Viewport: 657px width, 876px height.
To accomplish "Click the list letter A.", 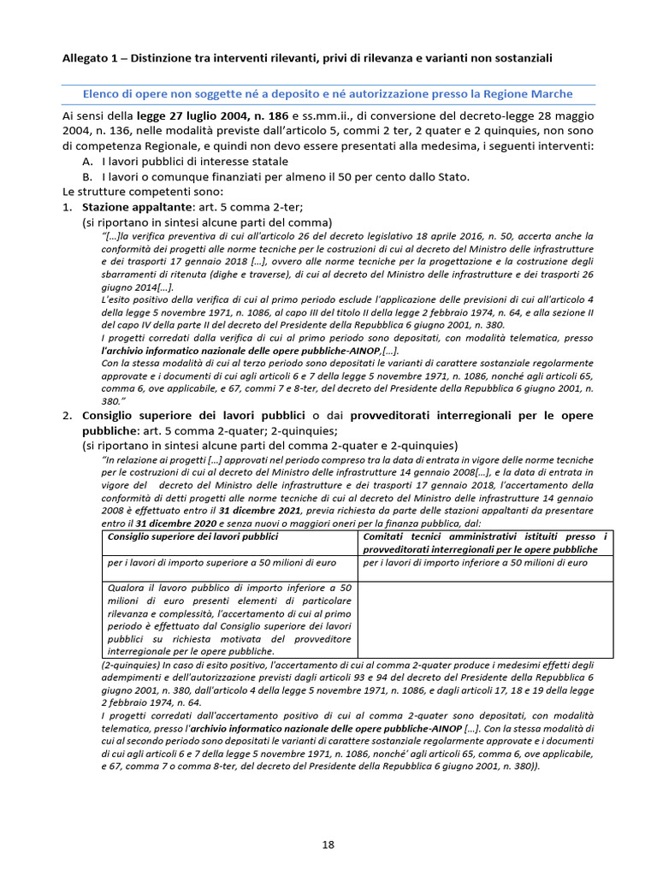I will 87,162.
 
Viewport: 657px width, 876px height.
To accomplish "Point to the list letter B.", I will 87,177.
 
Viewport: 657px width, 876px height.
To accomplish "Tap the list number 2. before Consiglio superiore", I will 67,416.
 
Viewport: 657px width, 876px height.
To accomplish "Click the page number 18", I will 328,844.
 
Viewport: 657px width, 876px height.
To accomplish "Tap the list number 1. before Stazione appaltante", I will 67,206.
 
